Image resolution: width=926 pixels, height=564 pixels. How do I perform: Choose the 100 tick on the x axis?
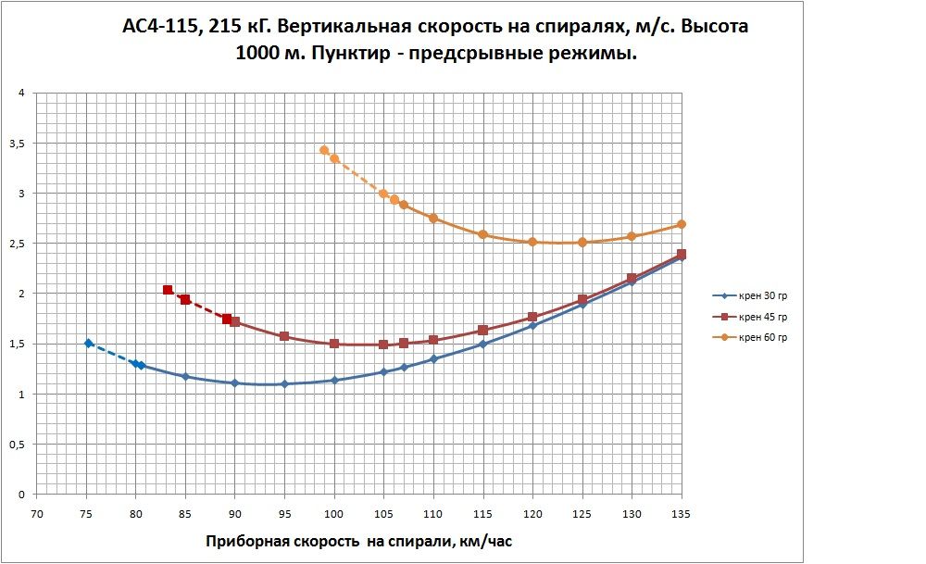point(334,512)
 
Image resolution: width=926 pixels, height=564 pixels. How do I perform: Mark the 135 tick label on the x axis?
point(681,512)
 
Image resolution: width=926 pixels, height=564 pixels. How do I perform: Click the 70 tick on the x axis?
point(37,512)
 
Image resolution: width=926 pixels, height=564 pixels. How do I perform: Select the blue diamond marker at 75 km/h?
point(89,343)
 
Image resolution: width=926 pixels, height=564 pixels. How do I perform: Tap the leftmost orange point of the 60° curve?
point(324,150)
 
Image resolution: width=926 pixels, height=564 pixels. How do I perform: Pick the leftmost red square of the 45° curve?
point(168,290)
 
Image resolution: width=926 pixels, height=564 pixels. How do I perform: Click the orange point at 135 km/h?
point(681,224)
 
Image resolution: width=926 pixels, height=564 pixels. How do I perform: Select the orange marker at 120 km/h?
point(532,242)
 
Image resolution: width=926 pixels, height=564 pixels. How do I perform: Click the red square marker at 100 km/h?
point(334,344)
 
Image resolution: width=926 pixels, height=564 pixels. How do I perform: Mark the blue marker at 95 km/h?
point(284,383)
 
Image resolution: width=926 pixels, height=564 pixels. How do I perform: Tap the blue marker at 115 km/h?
point(482,345)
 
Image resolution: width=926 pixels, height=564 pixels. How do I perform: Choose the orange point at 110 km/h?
point(433,218)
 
